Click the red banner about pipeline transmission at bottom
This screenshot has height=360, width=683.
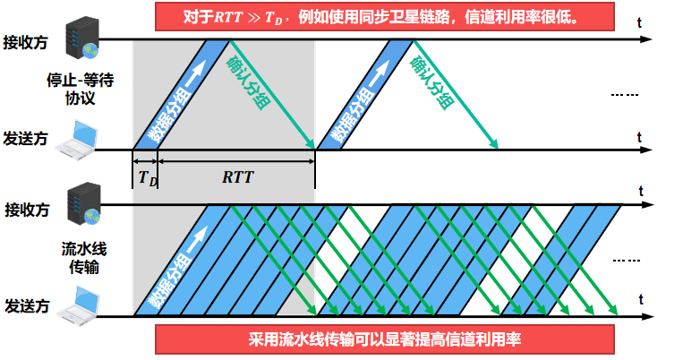point(384,340)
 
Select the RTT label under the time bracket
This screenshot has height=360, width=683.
point(237,176)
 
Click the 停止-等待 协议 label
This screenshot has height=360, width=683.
point(80,90)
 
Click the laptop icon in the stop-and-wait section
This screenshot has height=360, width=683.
point(82,136)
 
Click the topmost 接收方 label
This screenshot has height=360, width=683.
point(26,43)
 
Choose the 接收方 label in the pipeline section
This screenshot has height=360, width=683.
point(27,210)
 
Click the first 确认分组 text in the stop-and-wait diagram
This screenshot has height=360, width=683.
point(245,82)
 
